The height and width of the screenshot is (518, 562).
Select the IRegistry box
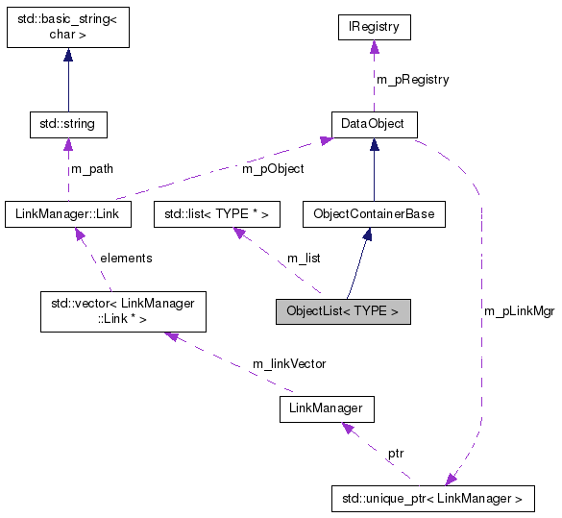pos(375,28)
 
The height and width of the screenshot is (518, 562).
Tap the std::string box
pos(67,124)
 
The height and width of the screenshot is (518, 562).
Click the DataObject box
pos(374,124)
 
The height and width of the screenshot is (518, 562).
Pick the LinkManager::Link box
pos(67,213)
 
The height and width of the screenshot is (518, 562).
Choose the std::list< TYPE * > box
pos(216,213)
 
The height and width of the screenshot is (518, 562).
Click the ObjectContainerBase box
pos(374,213)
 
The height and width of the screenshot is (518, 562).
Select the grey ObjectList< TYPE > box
pos(342,311)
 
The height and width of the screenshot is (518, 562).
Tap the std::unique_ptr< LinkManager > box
pos(431,499)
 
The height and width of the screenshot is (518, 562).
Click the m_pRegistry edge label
pos(412,79)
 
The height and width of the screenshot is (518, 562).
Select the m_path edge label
pos(91,169)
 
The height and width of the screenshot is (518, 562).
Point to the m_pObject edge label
pos(273,169)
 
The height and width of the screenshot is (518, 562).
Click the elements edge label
pos(126,258)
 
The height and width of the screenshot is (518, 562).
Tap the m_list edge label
pos(305,258)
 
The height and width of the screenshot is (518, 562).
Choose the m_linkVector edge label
pos(288,363)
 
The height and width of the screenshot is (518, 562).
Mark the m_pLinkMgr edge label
pos(520,311)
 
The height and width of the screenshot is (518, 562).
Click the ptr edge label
pos(396,452)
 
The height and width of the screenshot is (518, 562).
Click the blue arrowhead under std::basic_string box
pos(67,55)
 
